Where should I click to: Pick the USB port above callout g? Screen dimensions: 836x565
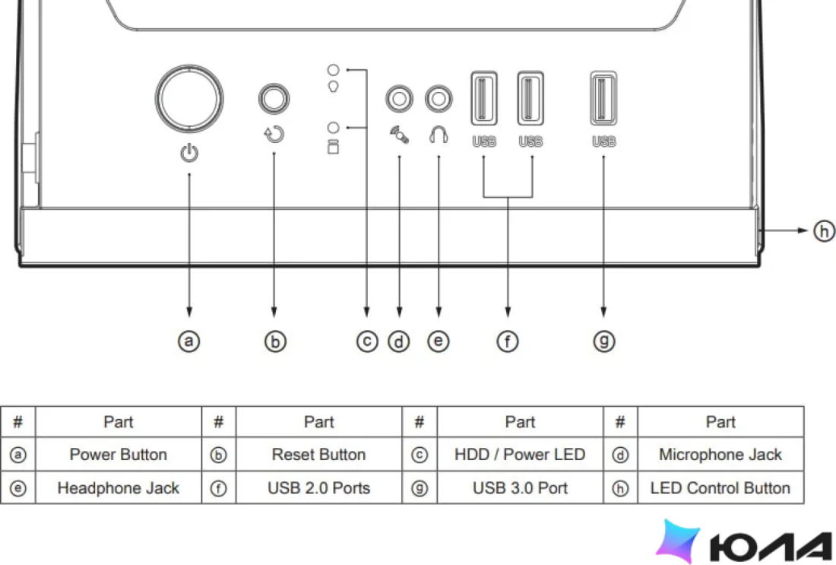603,98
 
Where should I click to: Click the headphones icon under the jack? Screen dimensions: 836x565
439,135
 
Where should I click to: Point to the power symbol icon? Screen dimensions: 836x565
189,153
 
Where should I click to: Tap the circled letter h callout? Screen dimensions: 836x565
824,231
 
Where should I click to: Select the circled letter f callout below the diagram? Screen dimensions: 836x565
508,341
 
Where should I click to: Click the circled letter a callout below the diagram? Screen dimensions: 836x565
188,341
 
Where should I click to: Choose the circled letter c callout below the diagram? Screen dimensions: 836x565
367,341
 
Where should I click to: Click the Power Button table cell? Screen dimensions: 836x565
119,455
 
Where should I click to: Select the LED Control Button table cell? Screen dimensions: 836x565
720,487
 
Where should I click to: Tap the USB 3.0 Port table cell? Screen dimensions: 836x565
520,487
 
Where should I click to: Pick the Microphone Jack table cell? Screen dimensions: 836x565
720,455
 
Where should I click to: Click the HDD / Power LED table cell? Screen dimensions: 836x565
520,455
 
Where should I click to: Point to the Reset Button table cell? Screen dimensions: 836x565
319,455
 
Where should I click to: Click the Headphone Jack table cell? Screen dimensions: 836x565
119,487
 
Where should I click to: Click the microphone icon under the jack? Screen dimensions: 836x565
399,135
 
